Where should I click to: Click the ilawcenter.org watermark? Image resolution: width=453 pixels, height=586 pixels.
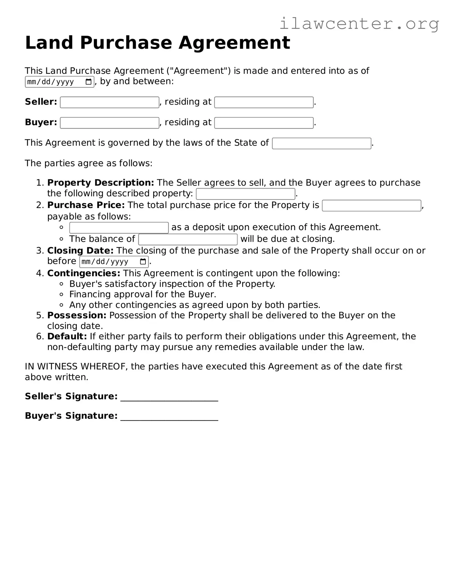point(359,24)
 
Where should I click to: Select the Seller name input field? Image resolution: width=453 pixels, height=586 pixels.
point(109,102)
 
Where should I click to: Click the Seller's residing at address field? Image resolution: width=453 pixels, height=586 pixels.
point(264,102)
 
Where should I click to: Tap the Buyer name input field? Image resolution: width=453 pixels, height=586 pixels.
point(109,123)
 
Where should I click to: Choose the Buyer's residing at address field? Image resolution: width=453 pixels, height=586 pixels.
point(264,123)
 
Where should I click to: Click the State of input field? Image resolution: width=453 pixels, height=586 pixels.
point(321,143)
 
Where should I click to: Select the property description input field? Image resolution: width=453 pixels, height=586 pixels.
point(246,194)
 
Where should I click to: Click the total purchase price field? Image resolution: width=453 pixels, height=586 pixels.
point(371,206)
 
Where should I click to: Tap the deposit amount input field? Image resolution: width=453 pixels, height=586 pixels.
point(119,228)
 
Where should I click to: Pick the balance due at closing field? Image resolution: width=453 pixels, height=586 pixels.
point(188,239)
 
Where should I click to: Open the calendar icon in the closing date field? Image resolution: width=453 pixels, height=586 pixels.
point(143,262)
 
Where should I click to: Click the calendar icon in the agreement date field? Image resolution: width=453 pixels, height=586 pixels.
point(89,82)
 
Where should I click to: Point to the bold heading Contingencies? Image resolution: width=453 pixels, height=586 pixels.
point(83,273)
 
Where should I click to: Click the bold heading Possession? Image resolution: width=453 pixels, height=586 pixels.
point(76,315)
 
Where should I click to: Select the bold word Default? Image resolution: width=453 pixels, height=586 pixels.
point(67,336)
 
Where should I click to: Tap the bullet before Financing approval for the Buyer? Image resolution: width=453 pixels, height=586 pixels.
point(61,294)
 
